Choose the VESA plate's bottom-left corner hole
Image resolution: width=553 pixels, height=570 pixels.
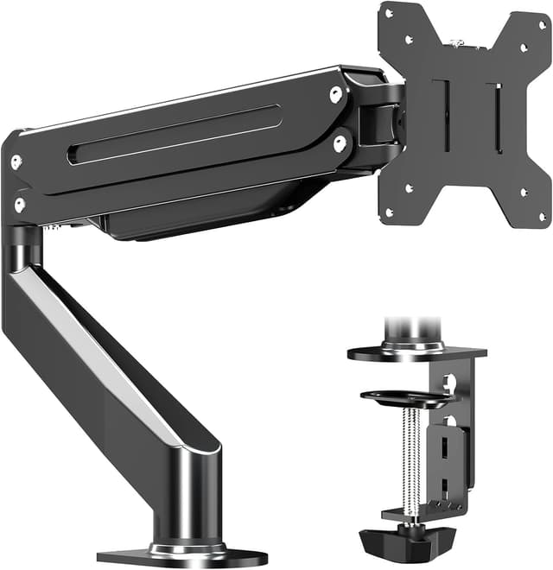coord(389,212)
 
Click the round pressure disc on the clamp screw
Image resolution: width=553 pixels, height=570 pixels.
coord(406,397)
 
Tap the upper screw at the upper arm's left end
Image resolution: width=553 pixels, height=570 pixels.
coord(16,160)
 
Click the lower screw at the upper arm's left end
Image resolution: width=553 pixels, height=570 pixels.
coord(19,205)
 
